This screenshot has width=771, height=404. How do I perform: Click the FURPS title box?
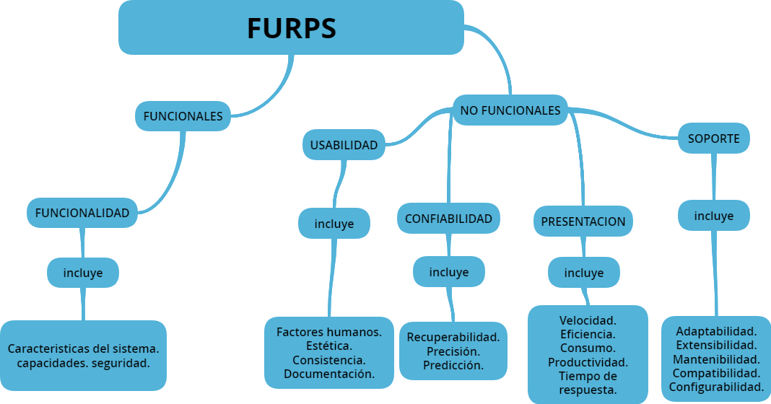click(x=291, y=27)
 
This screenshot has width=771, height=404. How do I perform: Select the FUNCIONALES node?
click(x=183, y=116)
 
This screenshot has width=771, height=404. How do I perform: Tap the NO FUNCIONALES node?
click(x=510, y=110)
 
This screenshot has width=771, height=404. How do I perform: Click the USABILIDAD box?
click(x=344, y=145)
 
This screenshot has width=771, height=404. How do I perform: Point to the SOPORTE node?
click(x=713, y=139)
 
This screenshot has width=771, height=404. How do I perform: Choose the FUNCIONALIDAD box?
click(x=82, y=213)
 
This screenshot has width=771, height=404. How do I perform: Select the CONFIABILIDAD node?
click(x=448, y=219)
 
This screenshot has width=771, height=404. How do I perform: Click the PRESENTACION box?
click(x=583, y=221)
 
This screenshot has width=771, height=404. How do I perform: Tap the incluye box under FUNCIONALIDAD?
click(x=83, y=273)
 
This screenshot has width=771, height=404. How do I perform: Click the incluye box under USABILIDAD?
click(x=334, y=224)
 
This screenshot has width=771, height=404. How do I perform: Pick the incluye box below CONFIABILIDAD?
click(x=449, y=272)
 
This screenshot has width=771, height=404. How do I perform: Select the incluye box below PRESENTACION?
click(x=583, y=273)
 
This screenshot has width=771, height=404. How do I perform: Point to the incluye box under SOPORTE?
click(x=713, y=216)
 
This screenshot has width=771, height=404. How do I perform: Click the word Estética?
click(x=329, y=346)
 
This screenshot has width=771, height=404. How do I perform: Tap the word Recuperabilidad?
click(x=453, y=337)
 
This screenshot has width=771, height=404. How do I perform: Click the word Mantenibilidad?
click(x=716, y=359)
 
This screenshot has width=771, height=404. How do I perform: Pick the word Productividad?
click(x=588, y=362)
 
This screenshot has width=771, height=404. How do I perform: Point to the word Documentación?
click(x=329, y=374)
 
